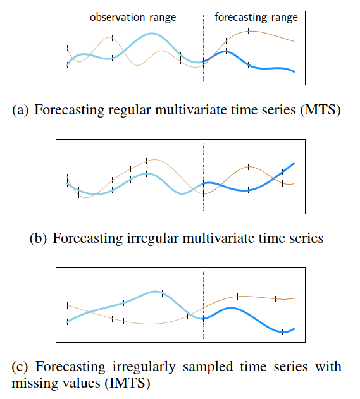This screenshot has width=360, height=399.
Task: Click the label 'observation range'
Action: [x=133, y=18]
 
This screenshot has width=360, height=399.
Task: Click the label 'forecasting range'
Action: [x=256, y=18]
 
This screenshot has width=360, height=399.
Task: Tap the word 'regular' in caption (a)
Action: [x=129, y=111]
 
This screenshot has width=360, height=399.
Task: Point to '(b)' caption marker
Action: [x=38, y=238]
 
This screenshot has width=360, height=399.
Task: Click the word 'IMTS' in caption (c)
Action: [x=128, y=383]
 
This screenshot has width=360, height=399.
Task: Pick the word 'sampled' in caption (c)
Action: [x=208, y=367]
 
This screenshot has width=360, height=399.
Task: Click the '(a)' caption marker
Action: [x=20, y=111]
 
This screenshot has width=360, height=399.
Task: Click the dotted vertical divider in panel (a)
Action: [x=204, y=48]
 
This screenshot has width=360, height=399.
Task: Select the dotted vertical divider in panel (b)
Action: [x=204, y=177]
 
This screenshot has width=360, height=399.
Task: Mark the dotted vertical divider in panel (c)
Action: [x=204, y=305]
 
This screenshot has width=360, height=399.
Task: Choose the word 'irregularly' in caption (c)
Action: [x=144, y=367]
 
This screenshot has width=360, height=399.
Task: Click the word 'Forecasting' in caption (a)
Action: [x=69, y=111]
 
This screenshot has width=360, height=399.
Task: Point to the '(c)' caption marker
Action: [x=20, y=367]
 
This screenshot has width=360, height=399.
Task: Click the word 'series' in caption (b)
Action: [x=306, y=238]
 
